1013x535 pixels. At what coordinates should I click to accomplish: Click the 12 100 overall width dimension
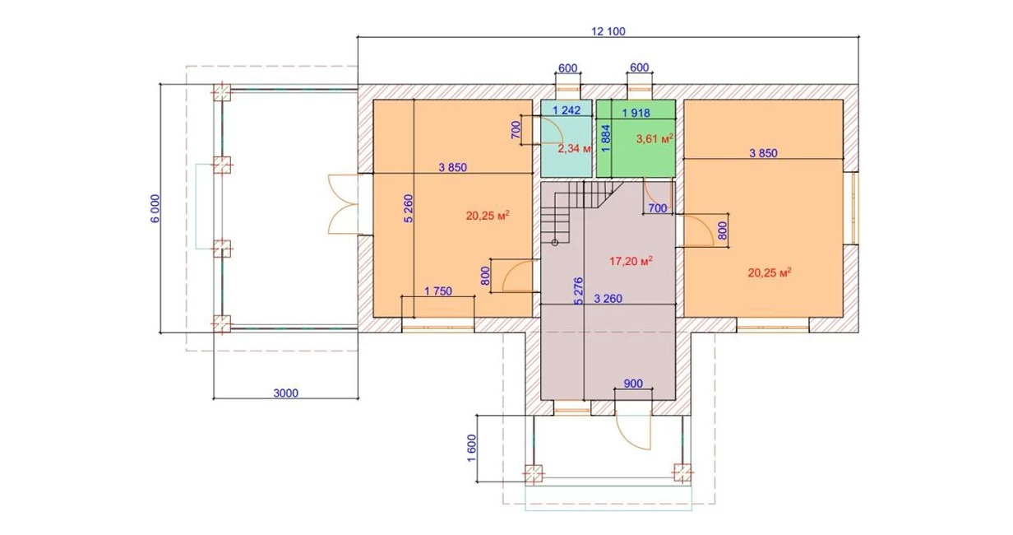pyautogui.click(x=608, y=31)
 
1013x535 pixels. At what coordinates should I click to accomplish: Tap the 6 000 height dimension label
pyautogui.click(x=155, y=209)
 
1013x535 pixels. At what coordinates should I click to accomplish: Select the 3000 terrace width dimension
pyautogui.click(x=286, y=393)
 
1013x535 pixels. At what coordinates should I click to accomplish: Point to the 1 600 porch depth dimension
pyautogui.click(x=472, y=448)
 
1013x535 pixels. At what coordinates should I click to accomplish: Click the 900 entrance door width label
pyautogui.click(x=633, y=384)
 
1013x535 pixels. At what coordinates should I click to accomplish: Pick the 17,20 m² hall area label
pyautogui.click(x=631, y=261)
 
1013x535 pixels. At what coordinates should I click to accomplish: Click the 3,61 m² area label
pyautogui.click(x=655, y=138)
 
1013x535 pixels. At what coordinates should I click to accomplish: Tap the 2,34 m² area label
pyautogui.click(x=574, y=148)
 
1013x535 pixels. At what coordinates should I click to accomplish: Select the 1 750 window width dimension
pyautogui.click(x=438, y=291)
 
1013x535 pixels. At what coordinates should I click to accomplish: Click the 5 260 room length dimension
pyautogui.click(x=409, y=208)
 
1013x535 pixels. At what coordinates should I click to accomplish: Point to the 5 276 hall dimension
pyautogui.click(x=578, y=291)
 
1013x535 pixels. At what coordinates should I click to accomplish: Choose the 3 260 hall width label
pyautogui.click(x=608, y=299)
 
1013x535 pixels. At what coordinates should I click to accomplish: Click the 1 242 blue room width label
pyautogui.click(x=567, y=110)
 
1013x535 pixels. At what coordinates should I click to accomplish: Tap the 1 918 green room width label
pyautogui.click(x=636, y=113)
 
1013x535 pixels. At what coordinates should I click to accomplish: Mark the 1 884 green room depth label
pyautogui.click(x=606, y=138)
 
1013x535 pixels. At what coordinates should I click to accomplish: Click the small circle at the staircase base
pyautogui.click(x=555, y=243)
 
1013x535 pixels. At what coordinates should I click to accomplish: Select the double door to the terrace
pyautogui.click(x=343, y=204)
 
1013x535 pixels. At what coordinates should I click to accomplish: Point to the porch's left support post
pyautogui.click(x=534, y=473)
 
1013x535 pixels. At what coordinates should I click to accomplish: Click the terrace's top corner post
pyautogui.click(x=222, y=92)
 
